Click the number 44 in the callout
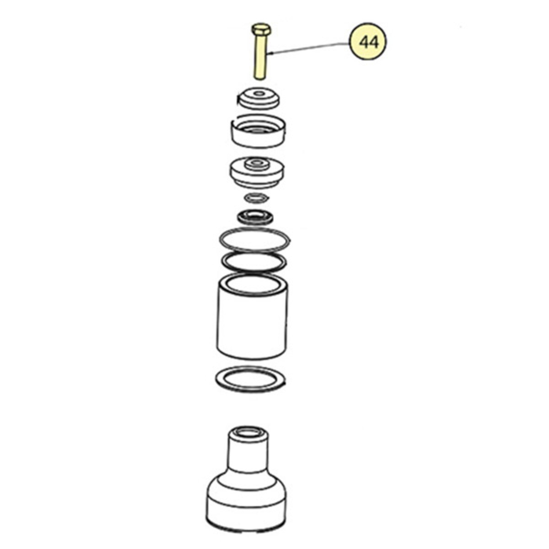click(x=369, y=43)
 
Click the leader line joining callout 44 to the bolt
click(x=311, y=48)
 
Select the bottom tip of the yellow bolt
click(x=260, y=77)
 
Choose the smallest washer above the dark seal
click(x=257, y=198)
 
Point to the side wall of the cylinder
click(x=252, y=325)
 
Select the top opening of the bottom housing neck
click(x=248, y=432)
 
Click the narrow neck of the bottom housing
click(x=247, y=453)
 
